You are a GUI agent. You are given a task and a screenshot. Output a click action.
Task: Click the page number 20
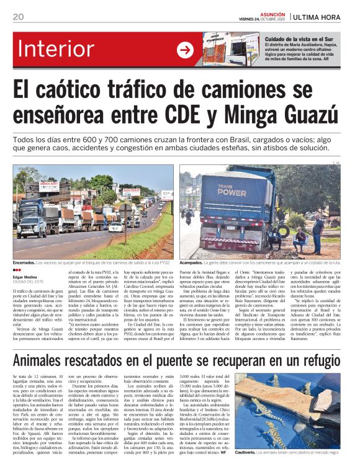click(x=17, y=16)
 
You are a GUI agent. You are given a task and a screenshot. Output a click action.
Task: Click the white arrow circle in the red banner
click(x=186, y=50)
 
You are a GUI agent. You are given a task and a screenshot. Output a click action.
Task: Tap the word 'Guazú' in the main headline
click(x=317, y=114)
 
